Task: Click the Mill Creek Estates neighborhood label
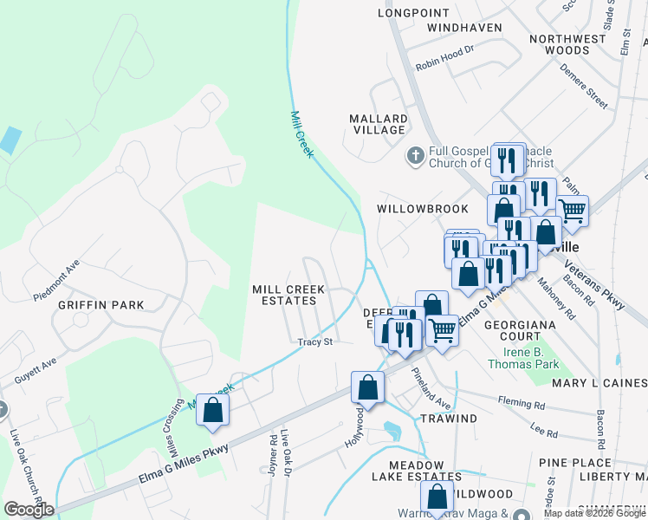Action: (288, 295)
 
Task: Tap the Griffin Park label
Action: (100, 305)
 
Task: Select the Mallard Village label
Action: (378, 124)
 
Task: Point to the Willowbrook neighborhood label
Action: (422, 209)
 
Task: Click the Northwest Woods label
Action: (567, 44)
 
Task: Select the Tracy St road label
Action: (315, 342)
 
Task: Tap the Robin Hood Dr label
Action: (445, 56)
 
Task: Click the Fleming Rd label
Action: (522, 402)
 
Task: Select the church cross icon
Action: (415, 156)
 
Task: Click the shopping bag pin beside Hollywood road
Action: (367, 387)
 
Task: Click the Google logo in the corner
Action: (29, 510)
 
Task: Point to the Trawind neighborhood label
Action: (449, 419)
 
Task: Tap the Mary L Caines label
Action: (599, 383)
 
